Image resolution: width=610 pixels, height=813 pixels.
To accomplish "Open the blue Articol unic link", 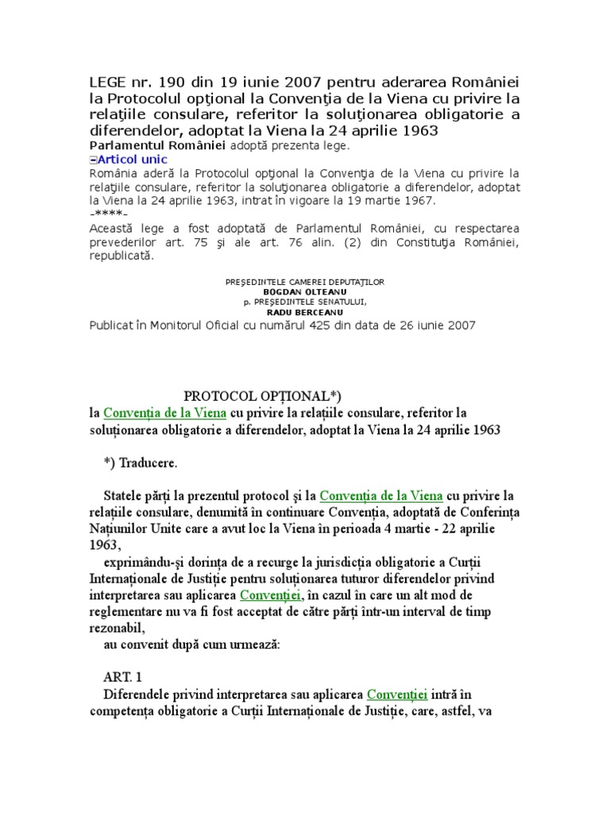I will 131,159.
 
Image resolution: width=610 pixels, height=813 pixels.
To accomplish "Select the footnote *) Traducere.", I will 141,462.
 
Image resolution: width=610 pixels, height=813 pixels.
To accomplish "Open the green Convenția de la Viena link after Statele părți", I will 381,496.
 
